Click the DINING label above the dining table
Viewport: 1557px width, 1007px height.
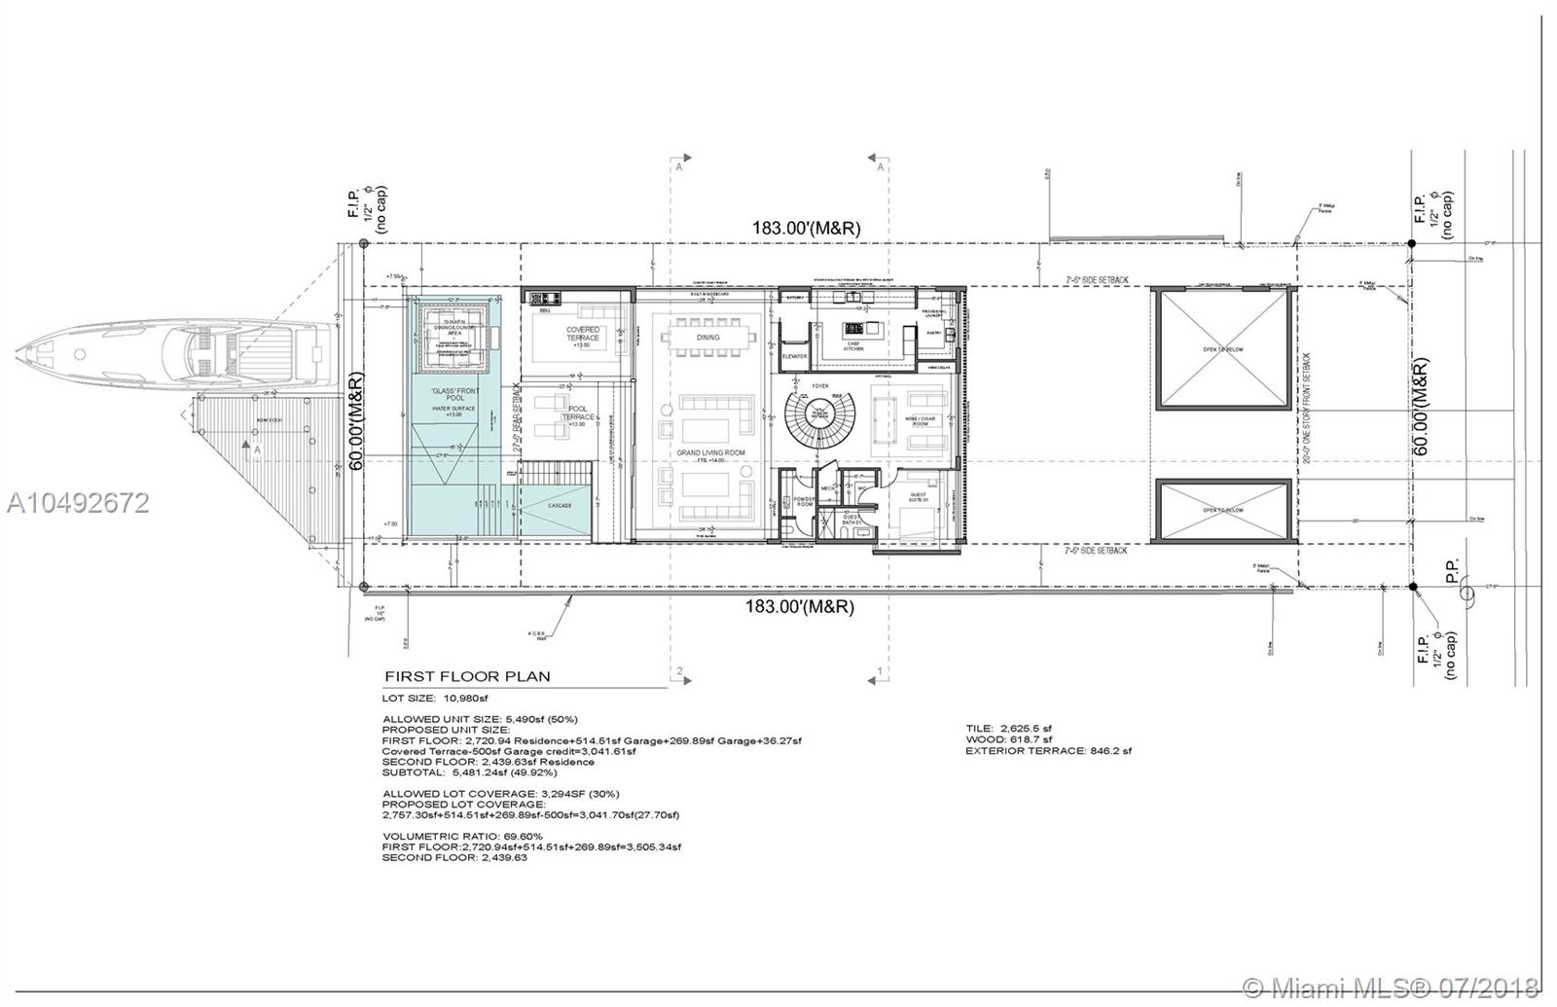pos(707,338)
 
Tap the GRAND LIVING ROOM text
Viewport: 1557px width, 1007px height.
pos(711,453)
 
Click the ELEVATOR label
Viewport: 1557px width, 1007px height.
pos(796,356)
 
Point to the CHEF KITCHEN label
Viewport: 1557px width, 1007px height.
pos(852,344)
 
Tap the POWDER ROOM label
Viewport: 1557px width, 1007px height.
pos(804,501)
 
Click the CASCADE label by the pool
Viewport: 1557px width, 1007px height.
pos(560,506)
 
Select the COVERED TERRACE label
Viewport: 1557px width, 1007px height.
pos(583,334)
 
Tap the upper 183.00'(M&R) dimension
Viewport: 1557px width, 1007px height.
pos(806,228)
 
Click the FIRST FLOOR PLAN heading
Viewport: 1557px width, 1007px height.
pos(467,676)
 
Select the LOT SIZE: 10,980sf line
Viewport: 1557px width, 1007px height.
pos(434,699)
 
